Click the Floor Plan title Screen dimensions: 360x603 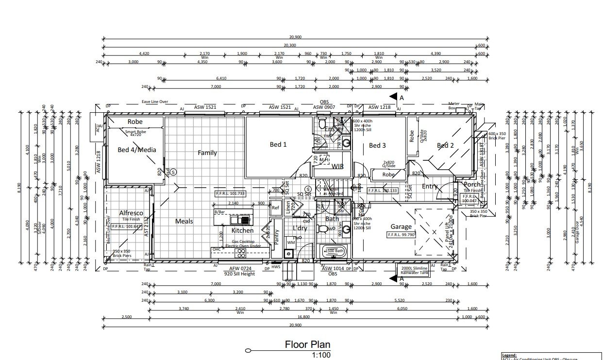pyautogui.click(x=307, y=344)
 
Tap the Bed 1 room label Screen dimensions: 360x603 pyautogui.click(x=278, y=144)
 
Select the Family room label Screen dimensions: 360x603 pyautogui.click(x=207, y=153)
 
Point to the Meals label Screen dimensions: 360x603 pyautogui.click(x=184, y=221)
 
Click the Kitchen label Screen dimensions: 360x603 pyautogui.click(x=242, y=230)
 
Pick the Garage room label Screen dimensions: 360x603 pyautogui.click(x=401, y=226)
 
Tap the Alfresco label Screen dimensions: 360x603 pyautogui.click(x=131, y=213)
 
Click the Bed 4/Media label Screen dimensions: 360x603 pyautogui.click(x=137, y=150)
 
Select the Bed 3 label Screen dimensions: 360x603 pyautogui.click(x=377, y=145)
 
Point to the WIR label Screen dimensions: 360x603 pyautogui.click(x=337, y=166)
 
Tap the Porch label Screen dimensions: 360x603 pyautogui.click(x=471, y=184)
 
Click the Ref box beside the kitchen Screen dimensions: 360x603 pyautogui.click(x=275, y=207)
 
